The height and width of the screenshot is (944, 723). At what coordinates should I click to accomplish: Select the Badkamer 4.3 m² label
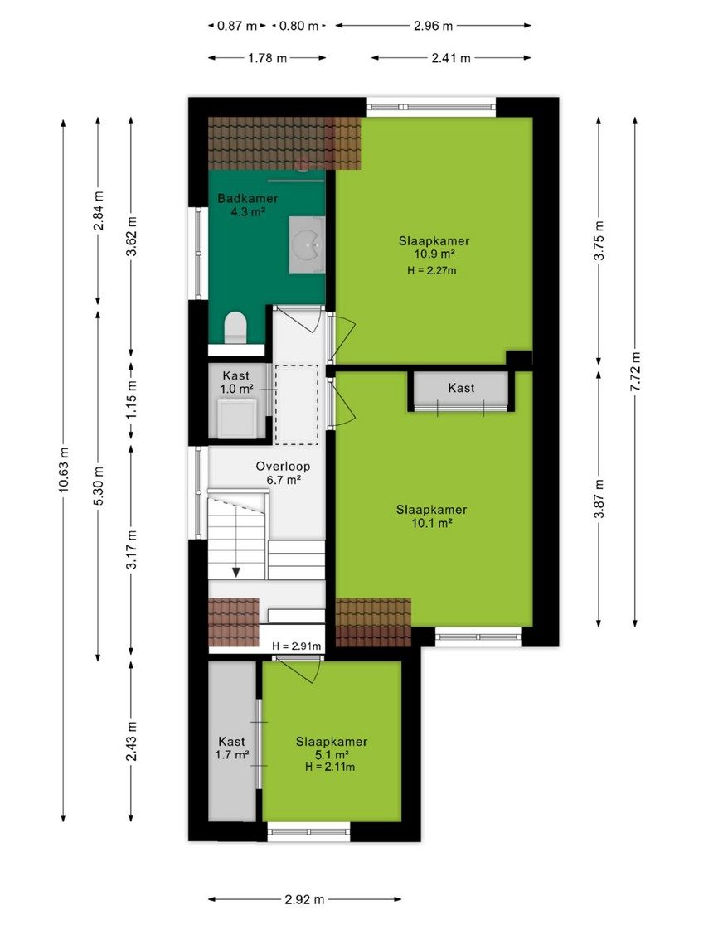(248, 205)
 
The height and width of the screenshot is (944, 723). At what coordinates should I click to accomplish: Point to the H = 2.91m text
(297, 646)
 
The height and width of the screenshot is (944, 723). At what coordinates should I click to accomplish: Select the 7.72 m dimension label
(635, 370)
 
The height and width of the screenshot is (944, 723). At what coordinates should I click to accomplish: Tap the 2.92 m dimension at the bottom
(304, 899)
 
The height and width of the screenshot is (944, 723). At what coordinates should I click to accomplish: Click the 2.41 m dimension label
(451, 58)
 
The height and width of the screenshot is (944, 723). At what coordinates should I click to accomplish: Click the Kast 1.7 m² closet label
(232, 748)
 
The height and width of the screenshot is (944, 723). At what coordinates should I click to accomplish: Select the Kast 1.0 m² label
(235, 382)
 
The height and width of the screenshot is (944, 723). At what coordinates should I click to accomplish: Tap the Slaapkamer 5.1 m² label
(332, 753)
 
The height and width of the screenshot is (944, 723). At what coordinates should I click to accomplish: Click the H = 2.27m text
(431, 270)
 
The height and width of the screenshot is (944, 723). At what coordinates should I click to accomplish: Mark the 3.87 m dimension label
(599, 498)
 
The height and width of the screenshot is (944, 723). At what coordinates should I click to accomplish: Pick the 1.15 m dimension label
(132, 399)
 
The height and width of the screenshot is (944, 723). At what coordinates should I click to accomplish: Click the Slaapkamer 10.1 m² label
(431, 516)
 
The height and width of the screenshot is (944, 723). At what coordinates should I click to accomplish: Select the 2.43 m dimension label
(132, 740)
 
